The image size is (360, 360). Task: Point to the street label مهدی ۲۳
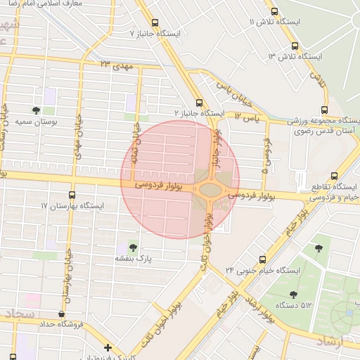116,65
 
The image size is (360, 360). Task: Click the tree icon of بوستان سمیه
36,110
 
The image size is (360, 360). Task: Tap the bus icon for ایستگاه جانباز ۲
200,102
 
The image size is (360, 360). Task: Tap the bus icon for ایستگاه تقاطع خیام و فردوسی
334,176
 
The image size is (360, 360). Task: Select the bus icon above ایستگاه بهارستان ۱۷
72,195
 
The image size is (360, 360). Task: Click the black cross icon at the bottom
107,347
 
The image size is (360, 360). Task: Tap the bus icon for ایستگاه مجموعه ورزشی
324,109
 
